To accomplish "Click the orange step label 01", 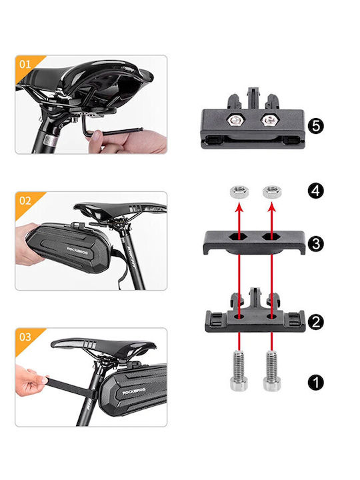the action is coord(25,64).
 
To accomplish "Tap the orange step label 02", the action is coord(25,201).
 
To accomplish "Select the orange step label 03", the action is coord(25,337).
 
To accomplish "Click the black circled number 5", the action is coord(315,126).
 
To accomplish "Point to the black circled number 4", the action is coord(315,191).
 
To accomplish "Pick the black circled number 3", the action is coord(315,244).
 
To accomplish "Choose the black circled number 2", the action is coord(315,322).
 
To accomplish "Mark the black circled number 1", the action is coord(315,383).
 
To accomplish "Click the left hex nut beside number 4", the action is coord(239,191).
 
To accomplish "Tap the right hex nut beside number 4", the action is coord(272,191).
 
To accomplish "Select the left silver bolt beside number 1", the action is coord(239,371).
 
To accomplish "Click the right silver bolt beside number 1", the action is coord(272,371).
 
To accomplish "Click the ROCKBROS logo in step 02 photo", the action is coord(77,251).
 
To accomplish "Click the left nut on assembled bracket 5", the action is coord(237,120).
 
